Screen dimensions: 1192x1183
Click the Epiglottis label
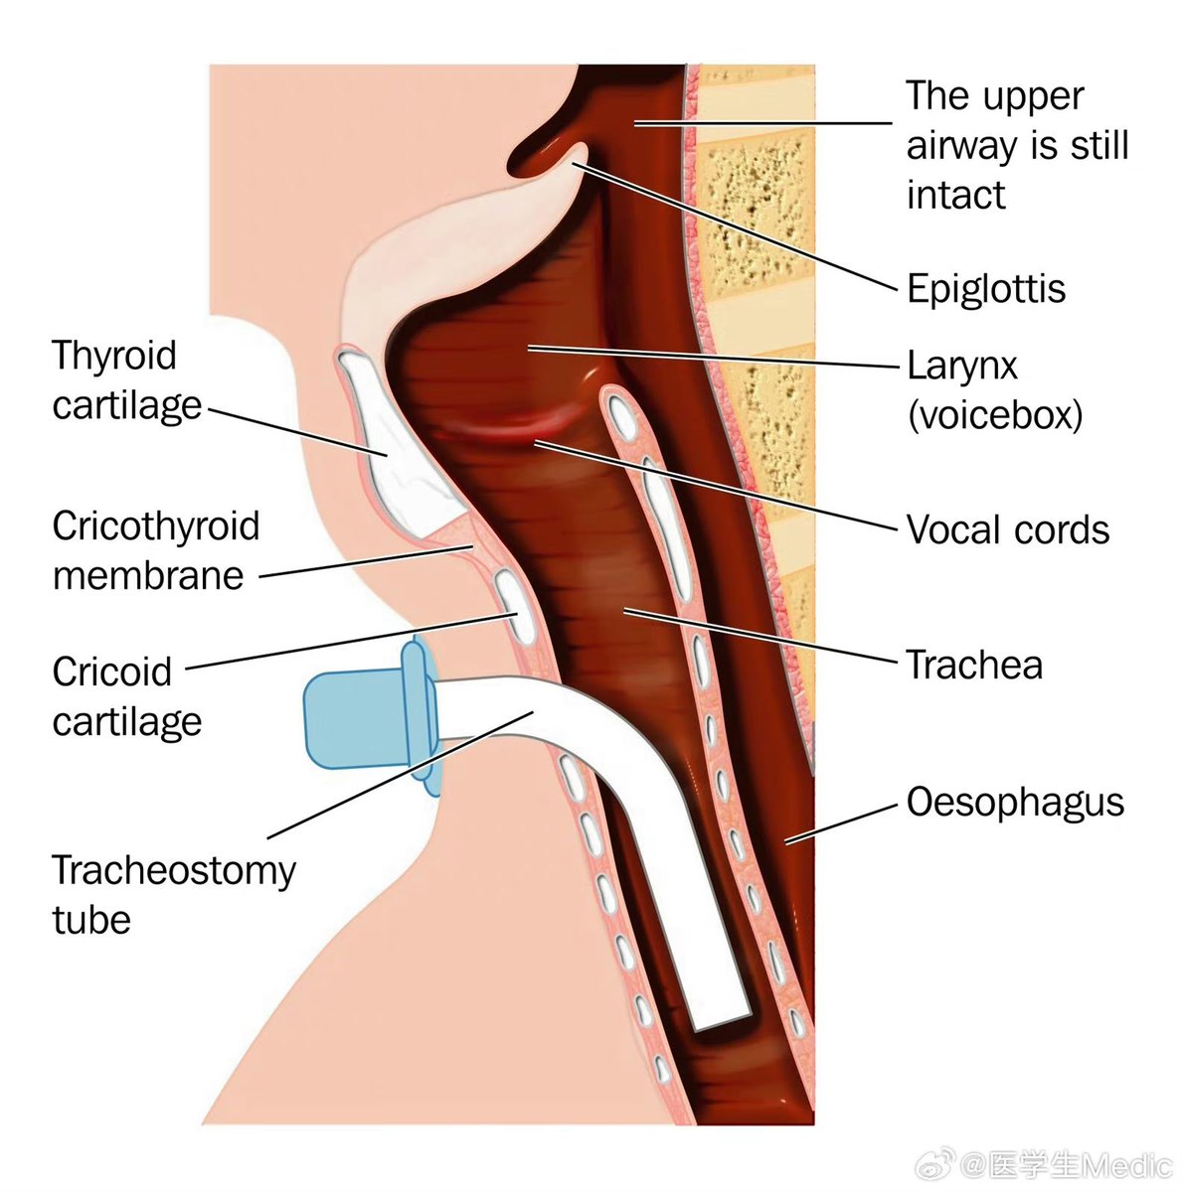(985, 289)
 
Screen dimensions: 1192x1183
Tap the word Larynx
(962, 367)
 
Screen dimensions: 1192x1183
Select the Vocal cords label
(1007, 529)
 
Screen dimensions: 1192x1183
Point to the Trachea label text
(974, 665)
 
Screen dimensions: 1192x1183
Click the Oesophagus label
(1015, 802)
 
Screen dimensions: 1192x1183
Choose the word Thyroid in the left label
(113, 356)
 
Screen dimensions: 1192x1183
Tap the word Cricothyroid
(155, 525)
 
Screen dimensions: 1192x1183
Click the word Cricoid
(111, 671)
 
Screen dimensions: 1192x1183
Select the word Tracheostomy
(173, 870)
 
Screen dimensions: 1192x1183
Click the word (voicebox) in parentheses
(994, 414)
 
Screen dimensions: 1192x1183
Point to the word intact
(955, 195)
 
